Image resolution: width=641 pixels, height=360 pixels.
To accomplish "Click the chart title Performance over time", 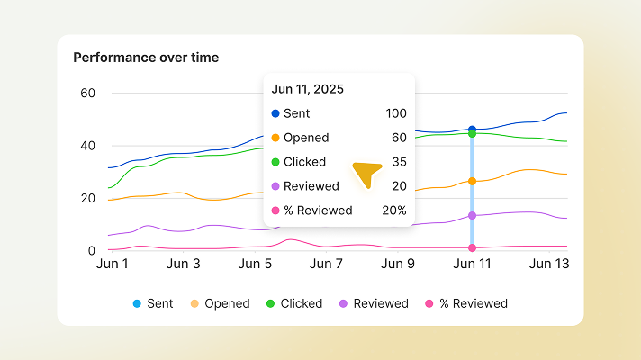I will [146, 58].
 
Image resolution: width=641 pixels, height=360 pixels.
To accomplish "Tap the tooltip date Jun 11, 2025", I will [307, 89].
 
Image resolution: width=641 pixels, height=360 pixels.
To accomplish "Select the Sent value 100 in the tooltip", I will [395, 113].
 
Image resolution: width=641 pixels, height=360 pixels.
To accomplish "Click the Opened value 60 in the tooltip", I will [399, 138].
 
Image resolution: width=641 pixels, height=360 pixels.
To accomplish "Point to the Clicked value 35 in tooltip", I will [399, 162].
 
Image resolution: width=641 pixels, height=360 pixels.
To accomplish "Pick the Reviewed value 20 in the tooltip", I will [399, 186].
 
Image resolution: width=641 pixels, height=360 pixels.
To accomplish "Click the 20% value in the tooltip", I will [393, 211].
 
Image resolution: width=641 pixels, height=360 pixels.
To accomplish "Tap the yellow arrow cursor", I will [366, 173].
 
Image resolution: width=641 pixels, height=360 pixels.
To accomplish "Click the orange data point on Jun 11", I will [472, 182].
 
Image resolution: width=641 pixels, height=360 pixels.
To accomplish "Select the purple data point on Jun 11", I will [472, 216].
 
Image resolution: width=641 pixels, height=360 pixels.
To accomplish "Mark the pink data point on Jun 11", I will [472, 247].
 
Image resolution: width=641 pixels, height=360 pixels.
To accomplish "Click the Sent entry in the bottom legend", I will [153, 303].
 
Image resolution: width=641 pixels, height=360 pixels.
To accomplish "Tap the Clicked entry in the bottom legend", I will [294, 303].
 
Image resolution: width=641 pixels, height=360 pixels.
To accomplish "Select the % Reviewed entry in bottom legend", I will [465, 303].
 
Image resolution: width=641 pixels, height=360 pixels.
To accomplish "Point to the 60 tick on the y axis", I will [88, 93].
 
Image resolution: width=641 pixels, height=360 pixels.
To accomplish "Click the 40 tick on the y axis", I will [88, 146].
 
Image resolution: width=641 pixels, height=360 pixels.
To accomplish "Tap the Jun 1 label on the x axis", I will [113, 264].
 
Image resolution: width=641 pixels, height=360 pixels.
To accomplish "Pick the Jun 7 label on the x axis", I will [326, 264].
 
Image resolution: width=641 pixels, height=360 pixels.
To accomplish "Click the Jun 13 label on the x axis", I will [548, 264].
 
